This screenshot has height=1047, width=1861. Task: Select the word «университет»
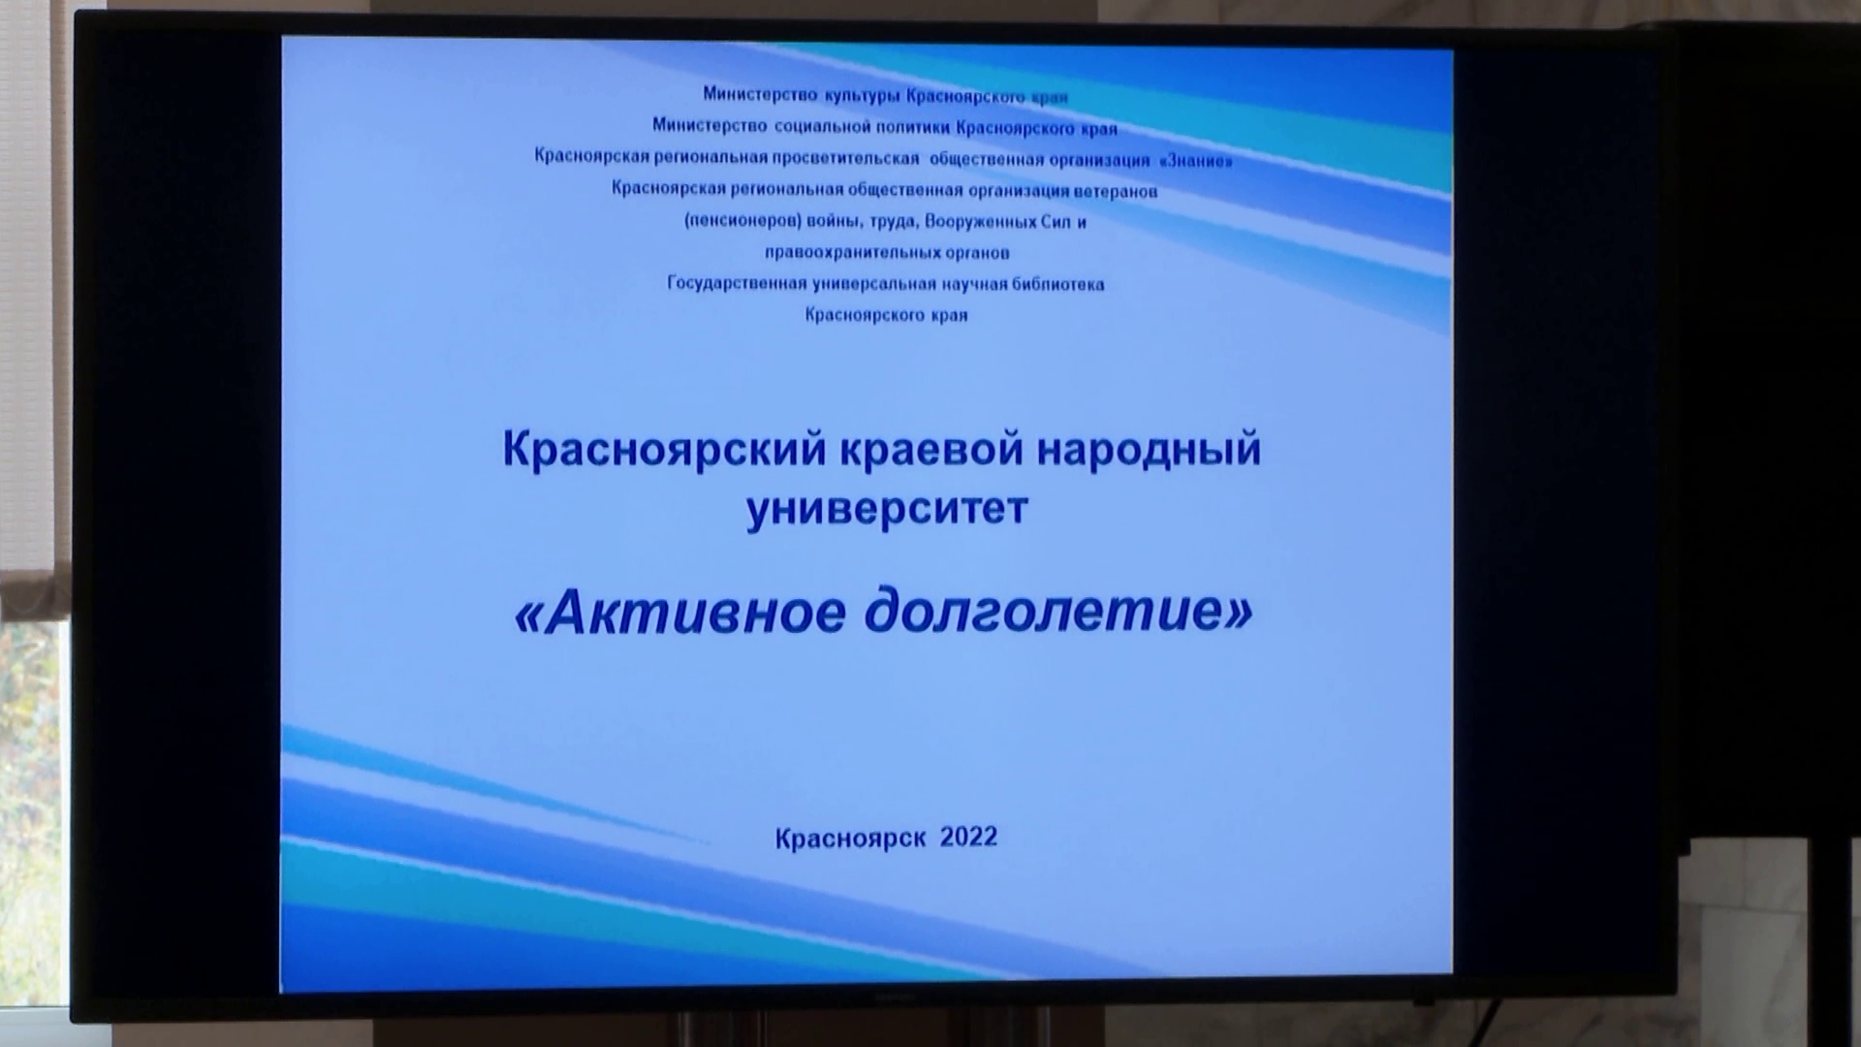tap(886, 507)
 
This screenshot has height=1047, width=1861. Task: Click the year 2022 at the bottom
tap(968, 837)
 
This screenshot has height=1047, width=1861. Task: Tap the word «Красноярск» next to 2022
tap(850, 838)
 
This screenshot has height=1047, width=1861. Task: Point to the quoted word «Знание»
tap(1195, 160)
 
